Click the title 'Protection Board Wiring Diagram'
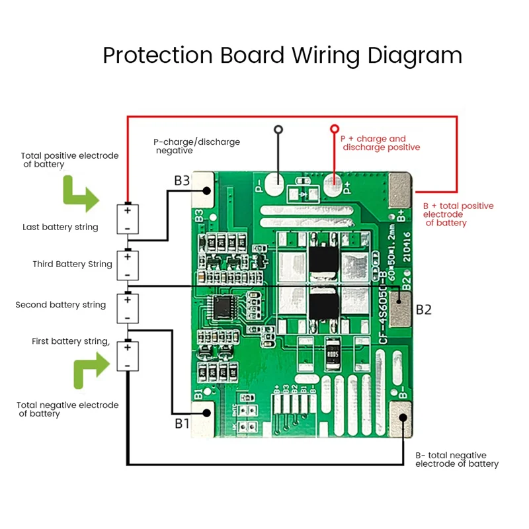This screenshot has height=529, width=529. point(282,55)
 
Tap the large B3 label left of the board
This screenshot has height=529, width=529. point(182,181)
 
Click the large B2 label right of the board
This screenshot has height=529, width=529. point(423,309)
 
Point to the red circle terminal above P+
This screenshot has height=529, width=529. point(335,128)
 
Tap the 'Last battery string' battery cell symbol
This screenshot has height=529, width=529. point(128,218)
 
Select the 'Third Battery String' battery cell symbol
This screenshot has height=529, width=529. point(128,264)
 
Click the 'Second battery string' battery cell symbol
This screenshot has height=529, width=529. point(128,307)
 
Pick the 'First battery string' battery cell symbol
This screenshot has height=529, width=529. point(128,356)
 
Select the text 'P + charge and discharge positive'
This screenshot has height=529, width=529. point(380,143)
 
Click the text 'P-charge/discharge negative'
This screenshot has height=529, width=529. point(196,146)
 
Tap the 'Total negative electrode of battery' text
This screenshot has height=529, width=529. point(68,409)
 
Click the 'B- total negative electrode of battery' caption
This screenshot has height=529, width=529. point(456,460)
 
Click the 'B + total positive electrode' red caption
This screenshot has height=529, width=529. point(458,214)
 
